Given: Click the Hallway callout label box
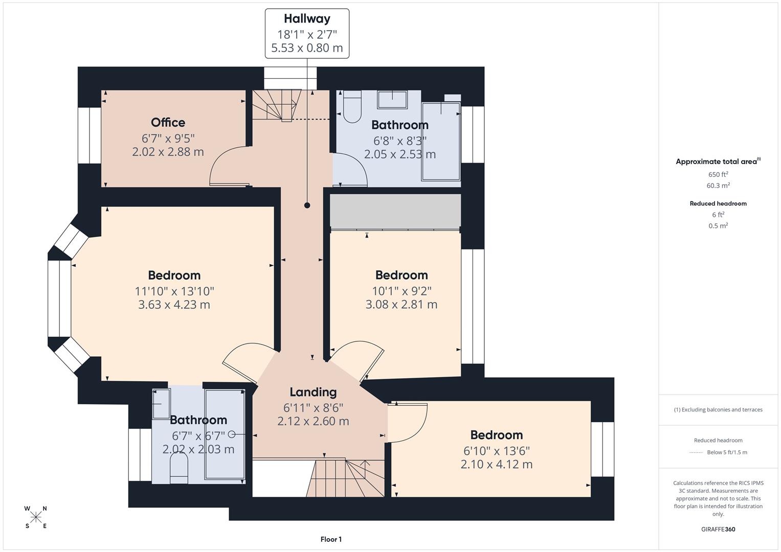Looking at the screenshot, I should pos(307,33).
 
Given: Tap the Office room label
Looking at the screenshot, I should pos(168,123).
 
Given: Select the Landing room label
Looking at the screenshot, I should pos(313,392).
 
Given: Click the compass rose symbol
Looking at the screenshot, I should pos(36,517).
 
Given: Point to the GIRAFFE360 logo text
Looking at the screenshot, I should pos(718,529).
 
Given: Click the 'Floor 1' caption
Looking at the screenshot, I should pos(331,539).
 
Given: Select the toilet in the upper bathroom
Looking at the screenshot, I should pos(352,107).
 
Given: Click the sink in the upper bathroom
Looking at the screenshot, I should pos(392,100).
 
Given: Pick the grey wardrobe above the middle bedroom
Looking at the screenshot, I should pos(395,211).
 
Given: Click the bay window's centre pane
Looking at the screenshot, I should pos(59,298).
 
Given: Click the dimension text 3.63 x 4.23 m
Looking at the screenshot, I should pos(174,305).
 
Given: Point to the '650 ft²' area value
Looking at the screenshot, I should pos(718,174).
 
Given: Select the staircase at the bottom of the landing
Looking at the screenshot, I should pos(345,478).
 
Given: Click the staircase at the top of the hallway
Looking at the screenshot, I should pos(276,105).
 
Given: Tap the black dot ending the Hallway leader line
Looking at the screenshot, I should pos(307,205).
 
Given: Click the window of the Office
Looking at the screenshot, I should pos(90,135).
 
